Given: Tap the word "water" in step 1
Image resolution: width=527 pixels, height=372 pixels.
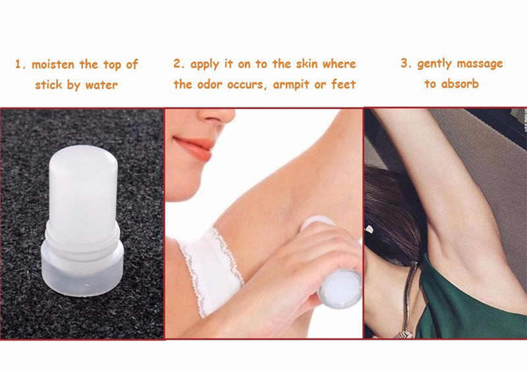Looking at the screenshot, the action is point(101,85).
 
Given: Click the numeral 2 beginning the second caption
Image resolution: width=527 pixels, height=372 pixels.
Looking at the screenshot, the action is point(177,63).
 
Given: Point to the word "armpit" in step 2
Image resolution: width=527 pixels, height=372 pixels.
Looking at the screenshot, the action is point(291,84).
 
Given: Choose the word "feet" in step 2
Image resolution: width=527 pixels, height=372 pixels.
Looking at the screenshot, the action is point(343,84).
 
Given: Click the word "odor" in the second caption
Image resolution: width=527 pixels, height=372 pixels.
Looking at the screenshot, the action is point(209,84).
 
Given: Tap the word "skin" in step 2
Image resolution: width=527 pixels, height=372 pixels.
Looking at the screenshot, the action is point(307,63).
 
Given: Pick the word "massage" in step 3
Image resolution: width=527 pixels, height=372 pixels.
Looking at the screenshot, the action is point(480,64).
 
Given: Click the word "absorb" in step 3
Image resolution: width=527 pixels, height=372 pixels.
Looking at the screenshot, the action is point(460,84).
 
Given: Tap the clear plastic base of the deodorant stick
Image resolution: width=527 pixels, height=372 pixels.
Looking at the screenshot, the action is point(83,272).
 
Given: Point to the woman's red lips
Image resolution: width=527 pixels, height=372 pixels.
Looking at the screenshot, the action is point(194,148).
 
